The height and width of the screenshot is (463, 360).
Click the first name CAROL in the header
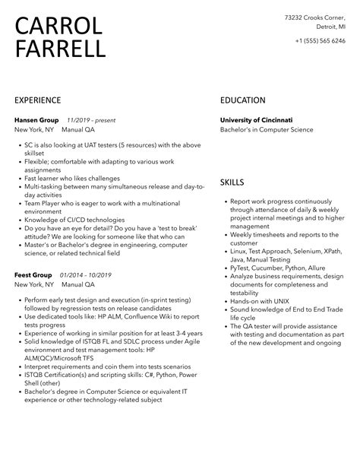pos(58,26)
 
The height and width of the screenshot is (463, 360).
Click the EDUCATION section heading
pos(242,100)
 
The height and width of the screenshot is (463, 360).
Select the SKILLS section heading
pos(232,182)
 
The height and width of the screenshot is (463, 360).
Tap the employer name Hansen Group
pos(35,119)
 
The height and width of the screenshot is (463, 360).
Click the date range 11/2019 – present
pos(93,119)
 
